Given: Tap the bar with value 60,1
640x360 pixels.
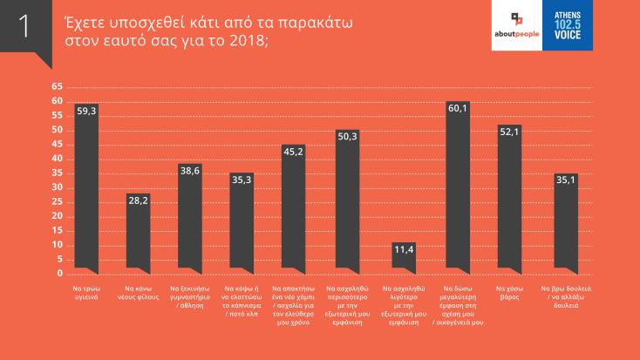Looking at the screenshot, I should pos(458,183).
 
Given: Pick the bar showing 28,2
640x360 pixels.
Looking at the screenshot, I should pos(139,230).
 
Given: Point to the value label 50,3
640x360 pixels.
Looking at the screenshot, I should pos(347,137).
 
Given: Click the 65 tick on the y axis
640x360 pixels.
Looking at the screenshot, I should pos(58,87).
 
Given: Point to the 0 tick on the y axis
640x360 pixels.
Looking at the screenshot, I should pos(60,274).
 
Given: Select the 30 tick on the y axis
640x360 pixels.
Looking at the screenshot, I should pos(58,187).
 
